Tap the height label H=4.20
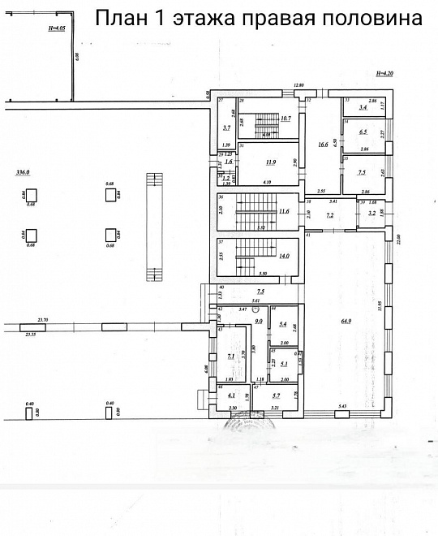(x=384, y=74)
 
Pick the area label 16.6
(x=323, y=145)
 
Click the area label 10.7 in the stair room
(x=285, y=119)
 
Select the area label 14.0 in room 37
(x=284, y=256)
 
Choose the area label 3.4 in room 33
(x=363, y=107)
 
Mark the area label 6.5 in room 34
(x=363, y=132)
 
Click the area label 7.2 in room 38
(x=330, y=215)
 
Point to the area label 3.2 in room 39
(x=371, y=214)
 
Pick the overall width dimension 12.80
(x=298, y=85)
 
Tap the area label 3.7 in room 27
(x=227, y=128)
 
